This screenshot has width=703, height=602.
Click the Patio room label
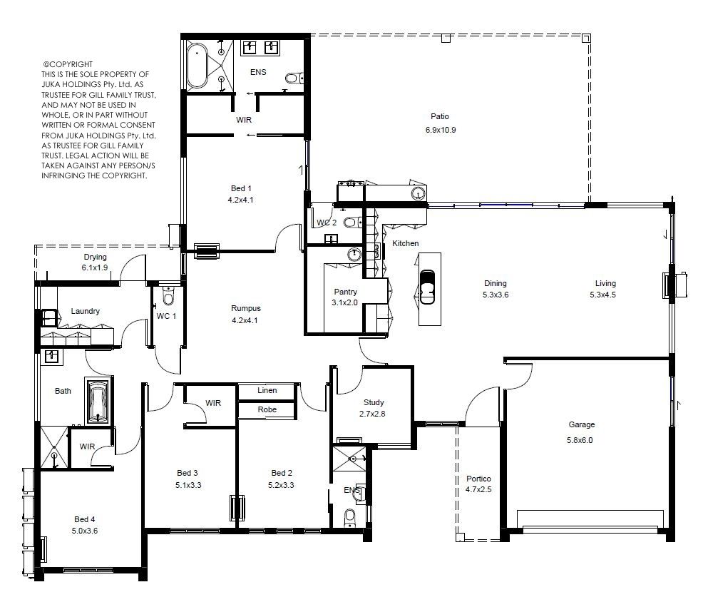tap(439, 116)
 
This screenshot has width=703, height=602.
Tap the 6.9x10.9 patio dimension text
tap(441, 130)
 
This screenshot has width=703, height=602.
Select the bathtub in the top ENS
tap(197, 66)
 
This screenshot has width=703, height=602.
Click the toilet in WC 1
tap(168, 296)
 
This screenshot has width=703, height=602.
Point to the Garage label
tap(582, 424)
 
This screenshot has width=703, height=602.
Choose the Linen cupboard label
tap(267, 390)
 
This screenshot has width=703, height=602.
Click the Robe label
tap(267, 409)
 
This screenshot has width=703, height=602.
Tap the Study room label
tap(374, 402)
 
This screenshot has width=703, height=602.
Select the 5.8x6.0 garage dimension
tap(580, 441)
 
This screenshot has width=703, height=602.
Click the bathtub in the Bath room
tap(98, 402)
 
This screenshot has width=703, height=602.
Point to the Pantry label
tap(345, 292)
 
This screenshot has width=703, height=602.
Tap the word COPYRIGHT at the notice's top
tap(71, 64)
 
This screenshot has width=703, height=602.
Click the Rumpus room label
tap(246, 308)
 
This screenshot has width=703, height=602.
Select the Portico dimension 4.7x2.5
tap(478, 489)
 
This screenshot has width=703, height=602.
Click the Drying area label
tap(95, 257)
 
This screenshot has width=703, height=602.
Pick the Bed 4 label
tap(85, 519)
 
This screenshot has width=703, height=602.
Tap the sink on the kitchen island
tap(427, 287)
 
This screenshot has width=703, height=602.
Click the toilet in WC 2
tap(352, 222)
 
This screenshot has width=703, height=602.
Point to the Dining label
tap(496, 283)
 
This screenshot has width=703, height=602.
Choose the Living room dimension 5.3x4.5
tap(602, 295)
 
